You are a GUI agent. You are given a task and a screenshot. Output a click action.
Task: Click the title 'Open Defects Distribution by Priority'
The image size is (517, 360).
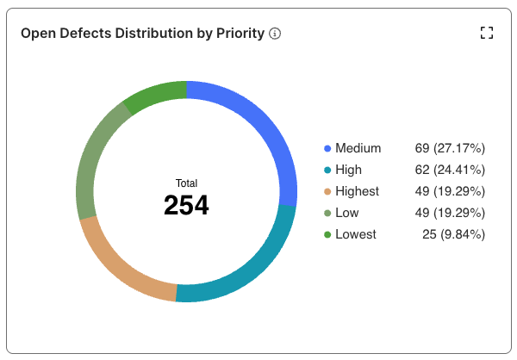pos(142,34)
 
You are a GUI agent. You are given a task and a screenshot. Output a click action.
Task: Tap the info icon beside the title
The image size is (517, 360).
pos(275,34)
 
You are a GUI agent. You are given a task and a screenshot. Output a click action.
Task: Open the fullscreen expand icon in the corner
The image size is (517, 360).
pos(487,34)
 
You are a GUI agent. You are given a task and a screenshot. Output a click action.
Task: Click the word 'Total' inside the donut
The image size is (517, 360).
pos(186,183)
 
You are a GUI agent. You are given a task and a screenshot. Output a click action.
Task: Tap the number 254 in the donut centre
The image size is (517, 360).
pos(186,205)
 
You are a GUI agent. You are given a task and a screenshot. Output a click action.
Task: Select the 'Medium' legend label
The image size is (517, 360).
pos(358,148)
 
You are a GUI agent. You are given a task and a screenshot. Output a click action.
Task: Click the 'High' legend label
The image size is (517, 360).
pos(349,170)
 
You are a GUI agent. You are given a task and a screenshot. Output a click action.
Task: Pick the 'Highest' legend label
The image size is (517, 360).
pos(357,191)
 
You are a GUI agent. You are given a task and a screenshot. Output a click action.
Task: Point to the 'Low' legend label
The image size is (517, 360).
pos(347,213)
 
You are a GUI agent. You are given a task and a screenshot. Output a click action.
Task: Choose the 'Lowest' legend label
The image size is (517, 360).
pos(356,234)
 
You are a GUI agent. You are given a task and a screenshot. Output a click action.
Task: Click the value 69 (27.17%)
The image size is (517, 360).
pos(450,148)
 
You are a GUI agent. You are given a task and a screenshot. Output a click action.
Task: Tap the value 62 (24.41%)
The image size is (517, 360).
pos(450,170)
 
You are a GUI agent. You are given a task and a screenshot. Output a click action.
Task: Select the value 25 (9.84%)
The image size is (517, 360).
pos(453,234)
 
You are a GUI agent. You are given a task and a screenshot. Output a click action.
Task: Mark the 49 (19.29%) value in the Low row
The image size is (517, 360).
pos(450,213)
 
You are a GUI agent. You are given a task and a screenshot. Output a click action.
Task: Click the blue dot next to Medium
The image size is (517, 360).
pos(327,148)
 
